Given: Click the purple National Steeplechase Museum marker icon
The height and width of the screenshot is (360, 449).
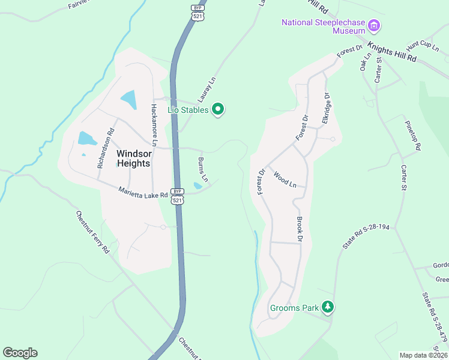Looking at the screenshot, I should coord(375,25).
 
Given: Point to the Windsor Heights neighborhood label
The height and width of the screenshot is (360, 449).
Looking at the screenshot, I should coord(134,158).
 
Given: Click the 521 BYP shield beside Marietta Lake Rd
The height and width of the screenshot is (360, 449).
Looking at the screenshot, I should coord(177,196).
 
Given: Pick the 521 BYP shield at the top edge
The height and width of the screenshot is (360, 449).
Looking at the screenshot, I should coord(198,12).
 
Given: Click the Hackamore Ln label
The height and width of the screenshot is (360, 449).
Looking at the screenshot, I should coord(154,125).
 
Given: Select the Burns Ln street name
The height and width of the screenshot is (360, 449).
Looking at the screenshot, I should coord(203,169).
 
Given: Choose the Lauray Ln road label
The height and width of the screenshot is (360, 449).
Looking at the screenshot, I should coord(205,90).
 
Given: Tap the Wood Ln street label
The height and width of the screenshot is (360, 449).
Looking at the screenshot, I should coord(285,179).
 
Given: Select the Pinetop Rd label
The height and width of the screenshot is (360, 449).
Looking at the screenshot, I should coord(414,139).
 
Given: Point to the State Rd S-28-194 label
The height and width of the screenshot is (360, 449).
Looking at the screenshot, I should coord(366,238).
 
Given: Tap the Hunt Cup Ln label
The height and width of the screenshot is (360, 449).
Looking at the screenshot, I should coord(422,45).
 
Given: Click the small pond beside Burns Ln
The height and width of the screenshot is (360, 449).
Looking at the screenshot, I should coord(197,186).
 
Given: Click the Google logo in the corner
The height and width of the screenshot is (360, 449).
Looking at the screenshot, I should coord(20,353).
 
